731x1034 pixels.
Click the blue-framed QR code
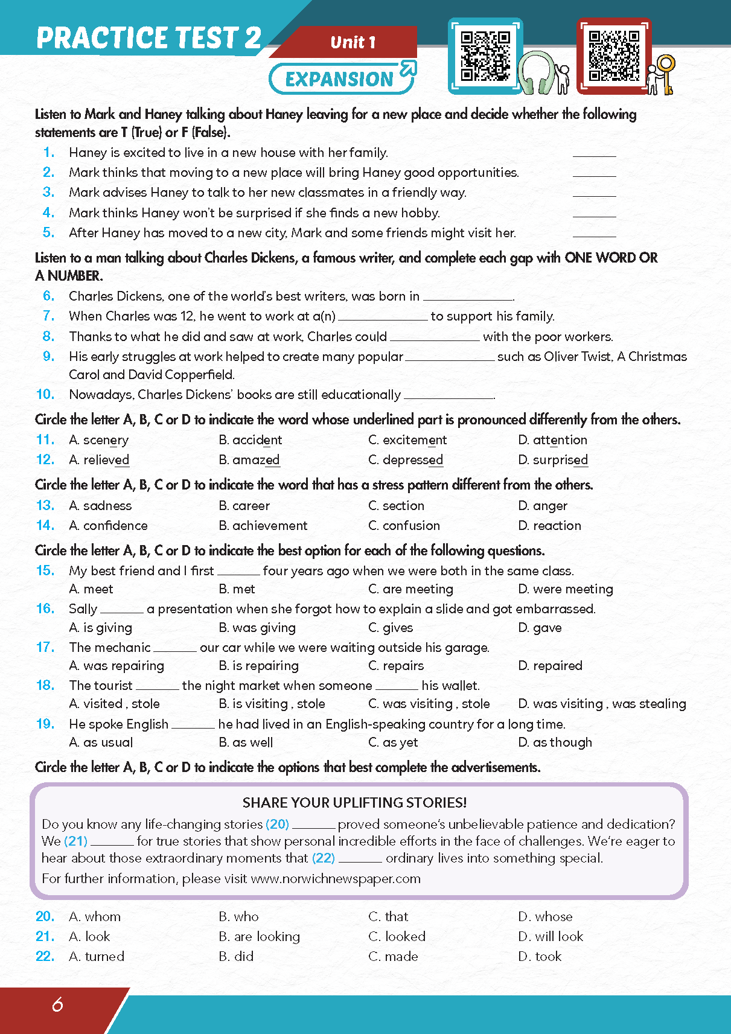(485, 56)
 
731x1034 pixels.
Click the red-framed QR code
(613, 56)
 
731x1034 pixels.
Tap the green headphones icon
(535, 73)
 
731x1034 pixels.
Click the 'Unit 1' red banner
(353, 42)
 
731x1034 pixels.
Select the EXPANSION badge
(342, 78)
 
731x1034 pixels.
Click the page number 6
(57, 1004)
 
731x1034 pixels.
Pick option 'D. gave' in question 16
(540, 628)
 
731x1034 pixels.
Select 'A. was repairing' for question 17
(117, 666)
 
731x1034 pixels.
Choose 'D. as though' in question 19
(555, 742)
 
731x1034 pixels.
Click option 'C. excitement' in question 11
(407, 440)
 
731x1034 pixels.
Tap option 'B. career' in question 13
(244, 506)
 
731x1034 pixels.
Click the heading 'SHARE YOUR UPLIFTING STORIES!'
(354, 802)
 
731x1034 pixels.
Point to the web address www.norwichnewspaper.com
(335, 878)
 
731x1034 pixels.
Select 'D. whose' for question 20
(545, 916)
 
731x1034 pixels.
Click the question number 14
(45, 525)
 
